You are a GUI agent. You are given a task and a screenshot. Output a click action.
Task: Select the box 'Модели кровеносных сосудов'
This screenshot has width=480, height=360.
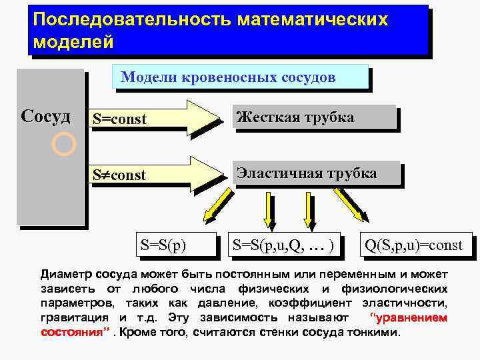point(228,77)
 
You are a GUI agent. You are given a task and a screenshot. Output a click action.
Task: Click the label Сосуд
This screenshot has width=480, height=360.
point(46,117)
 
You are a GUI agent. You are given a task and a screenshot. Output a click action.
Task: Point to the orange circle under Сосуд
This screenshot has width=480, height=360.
point(63,144)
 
